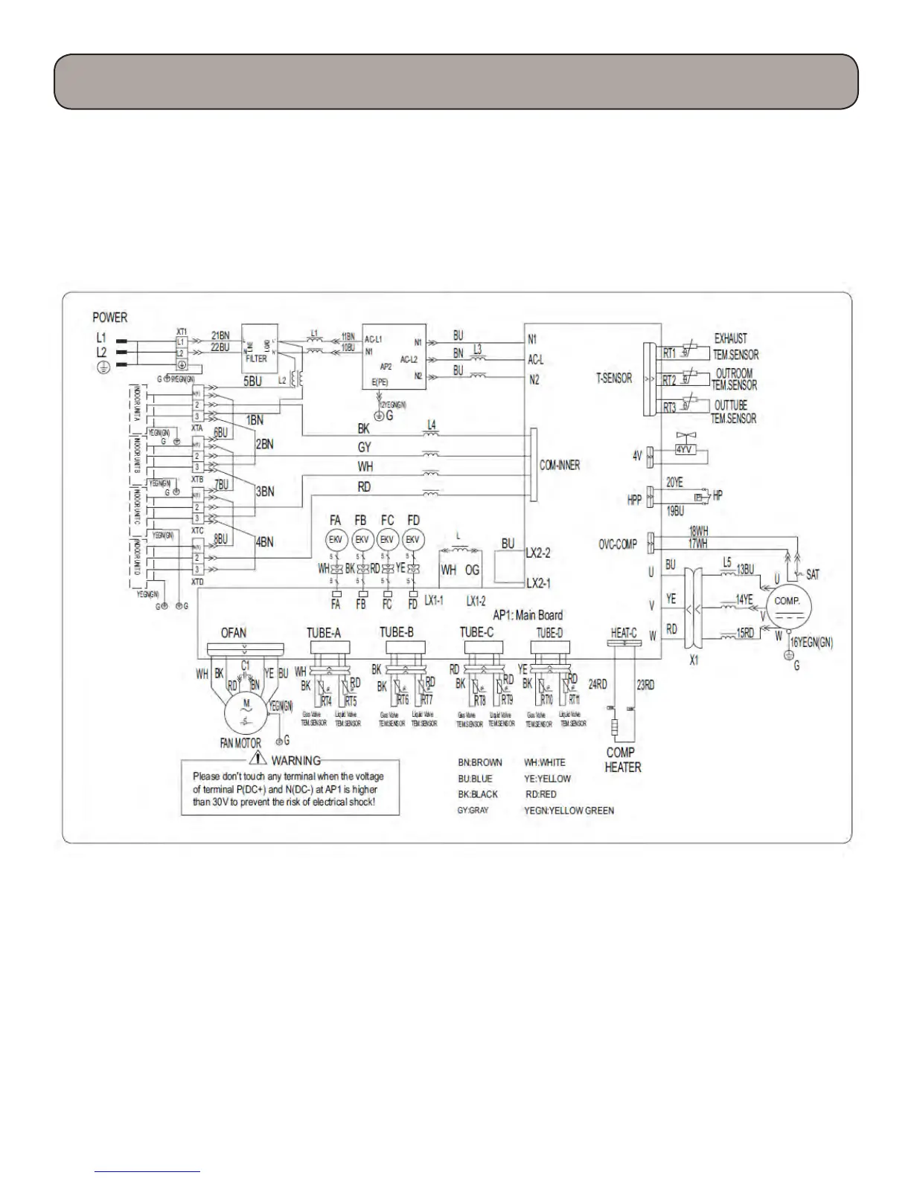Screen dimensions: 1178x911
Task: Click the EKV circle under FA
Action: [336, 540]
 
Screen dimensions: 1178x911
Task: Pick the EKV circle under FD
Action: [412, 540]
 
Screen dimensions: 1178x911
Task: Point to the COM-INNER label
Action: [559, 465]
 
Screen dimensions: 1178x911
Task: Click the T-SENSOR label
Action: [614, 378]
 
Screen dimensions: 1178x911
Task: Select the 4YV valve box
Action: [684, 449]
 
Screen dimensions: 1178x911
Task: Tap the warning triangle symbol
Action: [258, 759]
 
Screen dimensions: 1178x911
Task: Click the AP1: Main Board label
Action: [528, 615]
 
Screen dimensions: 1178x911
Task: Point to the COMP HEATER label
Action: [622, 760]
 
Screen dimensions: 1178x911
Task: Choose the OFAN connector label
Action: [234, 633]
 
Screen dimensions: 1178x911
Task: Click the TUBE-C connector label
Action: [476, 633]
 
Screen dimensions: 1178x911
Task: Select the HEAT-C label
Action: [624, 633]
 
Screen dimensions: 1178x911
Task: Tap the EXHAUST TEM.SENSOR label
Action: [735, 347]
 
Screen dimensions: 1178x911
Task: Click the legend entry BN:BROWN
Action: [480, 762]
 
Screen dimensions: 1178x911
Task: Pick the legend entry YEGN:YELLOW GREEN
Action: [569, 811]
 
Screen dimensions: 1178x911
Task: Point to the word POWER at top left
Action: [110, 318]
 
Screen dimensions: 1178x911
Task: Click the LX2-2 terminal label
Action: [538, 553]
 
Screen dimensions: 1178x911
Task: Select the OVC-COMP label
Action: [618, 544]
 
